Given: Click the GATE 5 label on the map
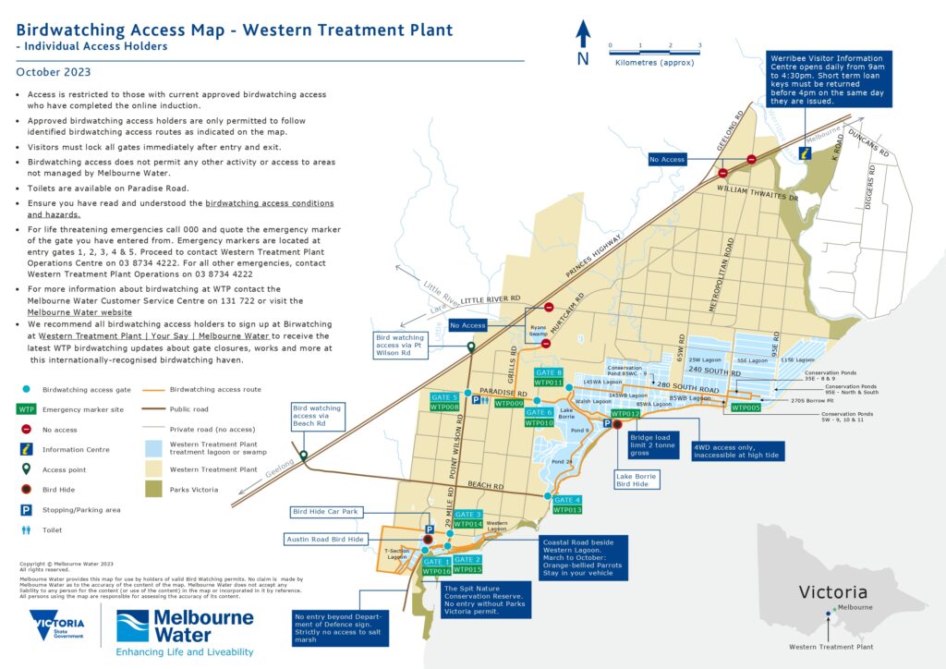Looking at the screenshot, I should pyautogui.click(x=443, y=396).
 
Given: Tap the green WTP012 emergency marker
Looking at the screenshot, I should pyautogui.click(x=625, y=413).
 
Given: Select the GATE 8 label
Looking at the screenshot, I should pyautogui.click(x=548, y=371).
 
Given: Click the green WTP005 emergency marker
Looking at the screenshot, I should pyautogui.click(x=745, y=407).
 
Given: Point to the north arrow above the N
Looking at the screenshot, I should pyautogui.click(x=583, y=34).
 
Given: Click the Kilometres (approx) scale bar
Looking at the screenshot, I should pyautogui.click(x=654, y=51).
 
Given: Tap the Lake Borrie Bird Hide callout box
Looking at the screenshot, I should pyautogui.click(x=636, y=479).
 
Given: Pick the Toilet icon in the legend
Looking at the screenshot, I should pyautogui.click(x=25, y=529).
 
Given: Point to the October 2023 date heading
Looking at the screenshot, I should pyautogui.click(x=54, y=72).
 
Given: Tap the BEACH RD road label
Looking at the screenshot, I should pyautogui.click(x=485, y=485).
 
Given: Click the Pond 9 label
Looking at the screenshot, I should pyautogui.click(x=579, y=431).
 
